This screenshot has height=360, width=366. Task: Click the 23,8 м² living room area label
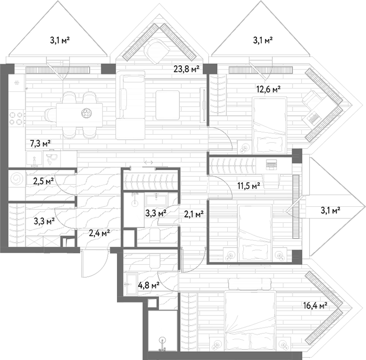point(186,69)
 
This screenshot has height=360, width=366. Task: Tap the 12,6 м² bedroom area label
point(268,89)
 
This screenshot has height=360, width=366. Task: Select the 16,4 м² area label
point(315,305)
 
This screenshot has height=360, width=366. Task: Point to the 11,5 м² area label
point(249,186)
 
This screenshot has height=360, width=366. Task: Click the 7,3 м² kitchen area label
point(41,143)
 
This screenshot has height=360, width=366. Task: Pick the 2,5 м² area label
point(44,181)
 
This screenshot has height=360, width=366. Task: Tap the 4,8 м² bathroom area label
point(149,285)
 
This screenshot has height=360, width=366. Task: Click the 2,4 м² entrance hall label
point(99,232)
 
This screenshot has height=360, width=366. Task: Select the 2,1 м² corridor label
point(194,214)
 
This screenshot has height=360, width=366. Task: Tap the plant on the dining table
point(87,113)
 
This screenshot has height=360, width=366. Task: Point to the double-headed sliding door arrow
point(148,162)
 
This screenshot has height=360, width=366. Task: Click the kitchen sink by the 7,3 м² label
point(34,159)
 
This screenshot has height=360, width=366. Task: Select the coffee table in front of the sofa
point(168,105)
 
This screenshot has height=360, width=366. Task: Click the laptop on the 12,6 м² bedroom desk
point(312,117)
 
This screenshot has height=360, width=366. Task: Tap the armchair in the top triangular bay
point(156,52)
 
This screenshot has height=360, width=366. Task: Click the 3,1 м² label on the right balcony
point(330,211)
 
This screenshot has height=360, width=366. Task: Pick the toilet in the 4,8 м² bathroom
point(154,261)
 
